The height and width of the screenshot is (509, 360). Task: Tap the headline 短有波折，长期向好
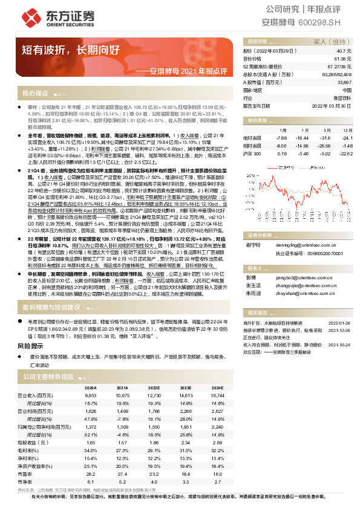(67, 51)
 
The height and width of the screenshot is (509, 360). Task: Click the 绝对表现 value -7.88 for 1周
(279, 137)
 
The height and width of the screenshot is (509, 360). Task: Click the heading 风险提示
(31, 346)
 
